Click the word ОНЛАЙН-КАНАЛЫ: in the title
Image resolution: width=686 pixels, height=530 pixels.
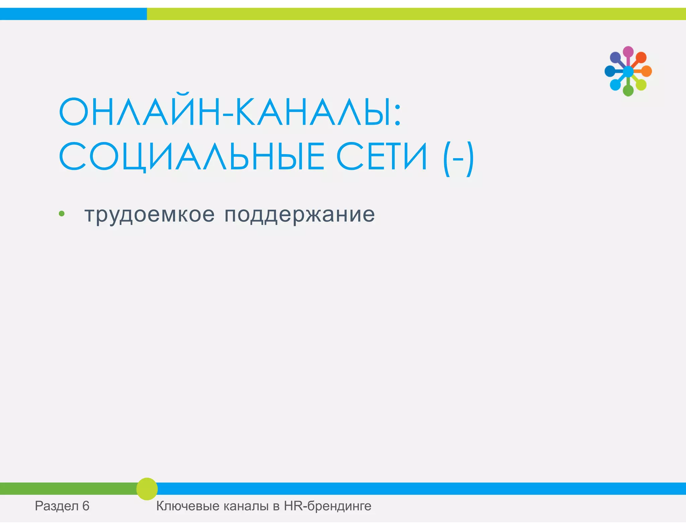coord(230,112)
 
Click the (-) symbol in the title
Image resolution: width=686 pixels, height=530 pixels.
coord(458,158)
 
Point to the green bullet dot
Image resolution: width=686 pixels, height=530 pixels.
coord(62,214)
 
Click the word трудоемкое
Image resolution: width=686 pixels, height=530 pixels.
coord(149,215)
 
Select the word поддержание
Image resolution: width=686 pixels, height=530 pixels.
coord(299,215)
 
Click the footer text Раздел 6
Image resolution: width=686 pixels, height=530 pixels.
coord(62,506)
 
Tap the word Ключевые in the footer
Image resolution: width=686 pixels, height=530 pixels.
coord(188,506)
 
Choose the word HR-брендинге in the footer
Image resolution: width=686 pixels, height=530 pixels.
coord(328,506)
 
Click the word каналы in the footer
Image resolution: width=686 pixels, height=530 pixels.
coord(246,506)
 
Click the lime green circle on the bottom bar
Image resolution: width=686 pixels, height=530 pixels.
coord(147,489)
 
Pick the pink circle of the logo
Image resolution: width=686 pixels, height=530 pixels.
coord(628,52)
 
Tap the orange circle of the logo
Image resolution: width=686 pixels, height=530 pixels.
coord(646,71)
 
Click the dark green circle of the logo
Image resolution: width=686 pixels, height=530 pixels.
coord(628,90)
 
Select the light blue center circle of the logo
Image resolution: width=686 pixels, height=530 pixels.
coord(628,71)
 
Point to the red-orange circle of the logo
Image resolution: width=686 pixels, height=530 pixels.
coord(641,57)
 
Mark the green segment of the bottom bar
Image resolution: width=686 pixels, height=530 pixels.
coord(67,489)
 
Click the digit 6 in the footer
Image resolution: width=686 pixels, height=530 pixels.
coord(86,506)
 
